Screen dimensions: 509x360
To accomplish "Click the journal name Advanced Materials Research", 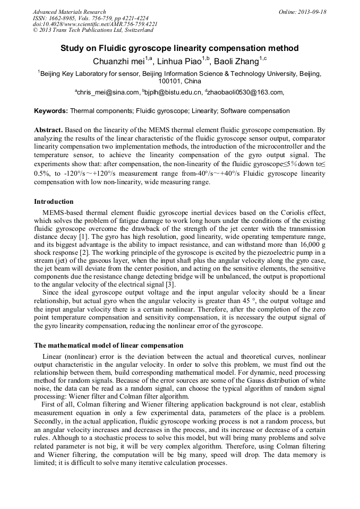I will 69,12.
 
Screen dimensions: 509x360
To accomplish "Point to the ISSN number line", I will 90,18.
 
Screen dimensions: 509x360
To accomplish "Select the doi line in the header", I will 95,24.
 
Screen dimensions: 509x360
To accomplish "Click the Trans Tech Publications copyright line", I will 93,30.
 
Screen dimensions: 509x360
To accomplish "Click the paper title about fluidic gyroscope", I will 179,48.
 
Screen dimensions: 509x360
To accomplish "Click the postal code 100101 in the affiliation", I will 169,81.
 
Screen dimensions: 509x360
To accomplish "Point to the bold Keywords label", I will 51,111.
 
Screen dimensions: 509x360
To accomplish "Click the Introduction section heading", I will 54,202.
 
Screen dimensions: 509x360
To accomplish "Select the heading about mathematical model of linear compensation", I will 109,346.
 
